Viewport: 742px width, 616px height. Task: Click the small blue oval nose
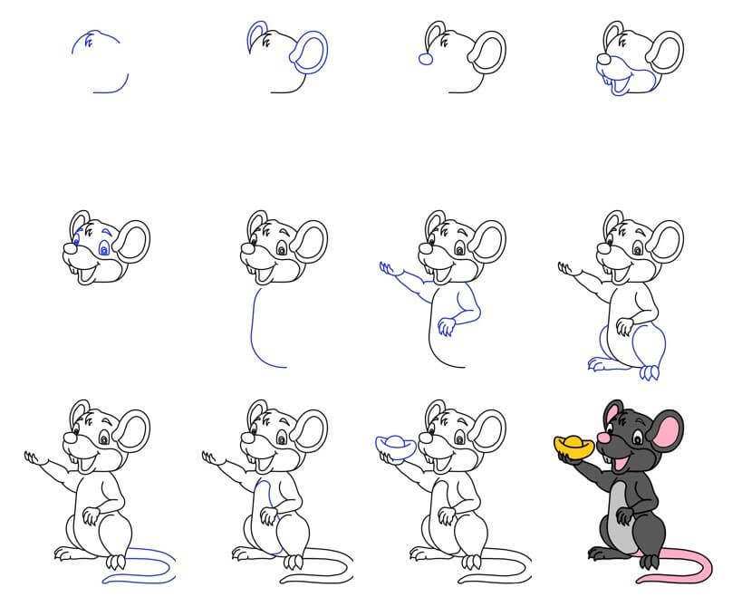[423, 57]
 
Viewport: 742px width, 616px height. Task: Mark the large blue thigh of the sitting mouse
[650, 345]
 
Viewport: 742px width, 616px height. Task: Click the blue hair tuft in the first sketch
[88, 40]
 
